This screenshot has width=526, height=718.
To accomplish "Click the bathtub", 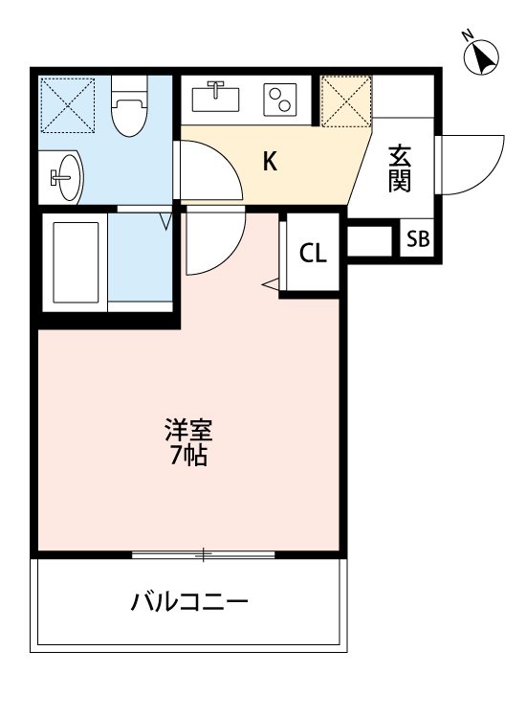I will click(76, 260).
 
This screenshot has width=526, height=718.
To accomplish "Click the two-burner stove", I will click(282, 100).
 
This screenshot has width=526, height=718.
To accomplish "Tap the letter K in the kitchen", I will click(271, 162).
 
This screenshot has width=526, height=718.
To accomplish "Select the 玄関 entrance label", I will click(399, 168).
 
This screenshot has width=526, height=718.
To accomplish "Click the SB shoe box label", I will click(418, 239).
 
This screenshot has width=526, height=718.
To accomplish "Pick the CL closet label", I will click(313, 254).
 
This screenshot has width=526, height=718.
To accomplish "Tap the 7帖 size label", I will click(187, 456).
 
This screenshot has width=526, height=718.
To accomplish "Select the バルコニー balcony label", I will click(189, 603).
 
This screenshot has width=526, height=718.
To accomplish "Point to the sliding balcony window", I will click(204, 553).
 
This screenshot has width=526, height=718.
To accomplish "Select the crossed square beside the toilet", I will click(69, 105).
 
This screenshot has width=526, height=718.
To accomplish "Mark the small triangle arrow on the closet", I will click(270, 283).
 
